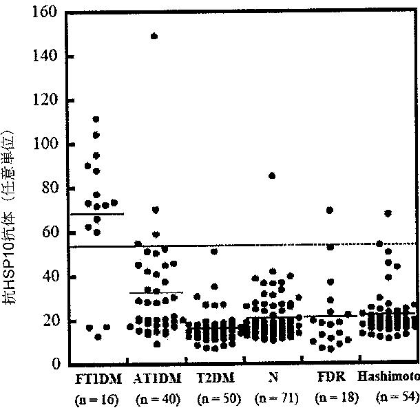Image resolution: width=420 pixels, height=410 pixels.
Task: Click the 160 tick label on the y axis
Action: pos(45,12)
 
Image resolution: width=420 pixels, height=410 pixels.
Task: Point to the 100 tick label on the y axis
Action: pos(45,143)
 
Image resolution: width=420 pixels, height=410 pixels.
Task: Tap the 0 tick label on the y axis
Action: pos(56,363)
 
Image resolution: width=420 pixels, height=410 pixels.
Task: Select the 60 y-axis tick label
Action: pos(50,231)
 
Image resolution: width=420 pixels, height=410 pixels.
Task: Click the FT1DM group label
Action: pos(98,379)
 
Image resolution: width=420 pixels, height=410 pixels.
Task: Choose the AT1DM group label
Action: pos(157,378)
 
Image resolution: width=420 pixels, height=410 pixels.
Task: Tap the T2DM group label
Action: pos(216,378)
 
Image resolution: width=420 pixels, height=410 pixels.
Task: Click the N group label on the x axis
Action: pos(273,378)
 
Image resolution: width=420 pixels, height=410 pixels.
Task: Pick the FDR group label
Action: pos(331,377)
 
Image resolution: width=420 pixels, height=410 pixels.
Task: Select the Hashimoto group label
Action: pos(388,376)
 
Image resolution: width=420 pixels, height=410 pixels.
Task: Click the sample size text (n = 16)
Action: pos(97,399)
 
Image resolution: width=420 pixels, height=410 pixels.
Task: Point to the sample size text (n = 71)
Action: pos(277,398)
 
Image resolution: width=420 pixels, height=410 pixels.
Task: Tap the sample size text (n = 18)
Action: pos(337,398)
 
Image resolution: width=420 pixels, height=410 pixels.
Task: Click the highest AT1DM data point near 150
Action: pos(154,36)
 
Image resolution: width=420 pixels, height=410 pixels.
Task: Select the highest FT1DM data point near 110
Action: pos(96,119)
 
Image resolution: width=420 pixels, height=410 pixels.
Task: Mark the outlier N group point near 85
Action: pos(272,176)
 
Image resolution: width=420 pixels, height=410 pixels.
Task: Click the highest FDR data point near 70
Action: pos(330,210)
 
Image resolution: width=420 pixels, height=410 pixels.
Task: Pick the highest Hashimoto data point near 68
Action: pos(388,213)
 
